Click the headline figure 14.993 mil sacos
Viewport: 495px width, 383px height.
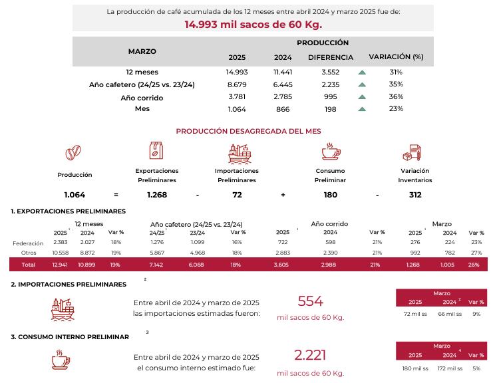click(253, 25)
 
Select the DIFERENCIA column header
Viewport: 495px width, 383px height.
click(330, 57)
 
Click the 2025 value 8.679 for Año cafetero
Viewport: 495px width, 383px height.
click(237, 84)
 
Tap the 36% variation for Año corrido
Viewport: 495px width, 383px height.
click(396, 97)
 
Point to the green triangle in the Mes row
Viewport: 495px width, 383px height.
click(362, 109)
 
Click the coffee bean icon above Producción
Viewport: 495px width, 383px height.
click(74, 154)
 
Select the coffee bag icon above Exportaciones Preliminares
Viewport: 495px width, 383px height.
click(156, 151)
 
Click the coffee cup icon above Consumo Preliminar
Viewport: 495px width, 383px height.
click(330, 153)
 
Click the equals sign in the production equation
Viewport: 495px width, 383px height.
click(116, 195)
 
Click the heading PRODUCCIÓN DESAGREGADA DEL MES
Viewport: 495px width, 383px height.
click(248, 131)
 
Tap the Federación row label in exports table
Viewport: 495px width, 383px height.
click(28, 243)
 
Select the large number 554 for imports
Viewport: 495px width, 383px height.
click(310, 301)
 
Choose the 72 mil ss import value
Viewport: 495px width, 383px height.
click(415, 313)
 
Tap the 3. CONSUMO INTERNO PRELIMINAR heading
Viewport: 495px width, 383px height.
click(70, 337)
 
